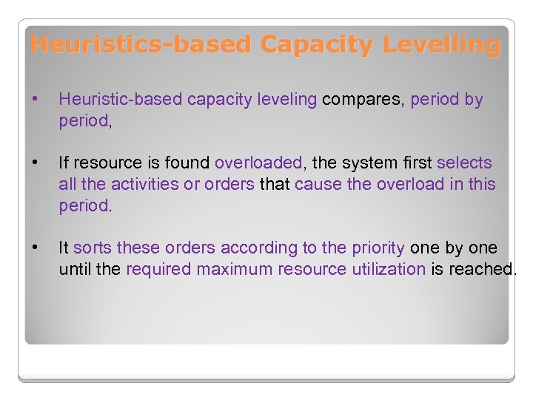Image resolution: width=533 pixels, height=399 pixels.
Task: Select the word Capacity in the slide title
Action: [317, 45]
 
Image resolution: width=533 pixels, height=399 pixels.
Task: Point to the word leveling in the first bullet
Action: [289, 100]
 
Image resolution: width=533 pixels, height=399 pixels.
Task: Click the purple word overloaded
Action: [258, 163]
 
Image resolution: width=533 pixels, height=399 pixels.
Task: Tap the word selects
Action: [464, 163]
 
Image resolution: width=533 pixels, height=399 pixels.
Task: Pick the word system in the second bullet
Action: [380, 163]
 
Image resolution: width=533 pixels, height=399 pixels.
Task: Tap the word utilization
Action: [386, 270]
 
